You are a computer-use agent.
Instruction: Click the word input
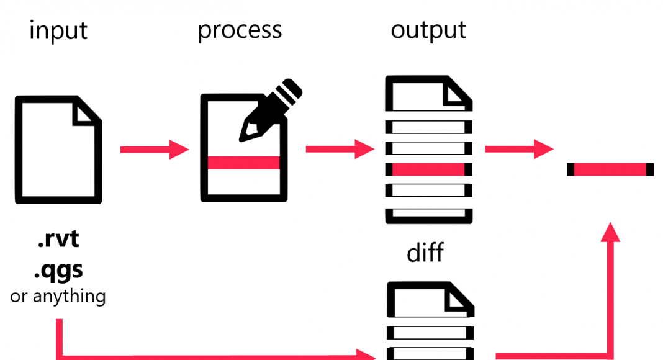tap(58, 30)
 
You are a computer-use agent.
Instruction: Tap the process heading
tap(240, 30)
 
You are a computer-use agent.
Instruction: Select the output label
tap(428, 30)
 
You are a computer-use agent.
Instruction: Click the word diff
tap(425, 253)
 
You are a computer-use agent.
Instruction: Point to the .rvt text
tap(58, 240)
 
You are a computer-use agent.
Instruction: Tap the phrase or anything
tap(58, 296)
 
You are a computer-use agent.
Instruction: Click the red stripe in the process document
tap(243, 163)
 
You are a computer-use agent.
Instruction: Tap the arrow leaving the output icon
tap(518, 149)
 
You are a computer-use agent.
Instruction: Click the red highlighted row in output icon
tap(428, 169)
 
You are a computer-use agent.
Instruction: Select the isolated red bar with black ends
tap(610, 169)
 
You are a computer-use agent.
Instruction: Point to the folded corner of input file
tap(88, 112)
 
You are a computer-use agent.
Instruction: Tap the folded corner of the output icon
tap(458, 92)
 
